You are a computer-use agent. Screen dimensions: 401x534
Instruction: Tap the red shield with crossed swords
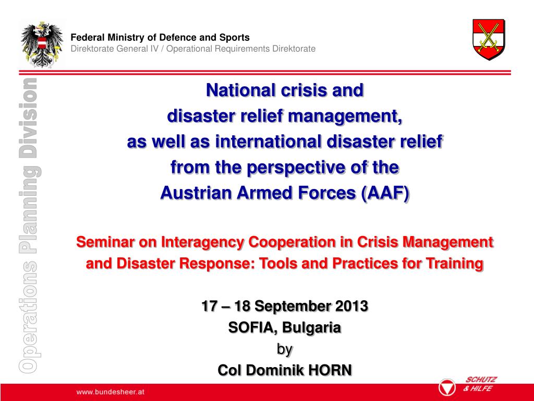pos(488,40)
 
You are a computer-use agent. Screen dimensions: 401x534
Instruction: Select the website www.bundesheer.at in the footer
pos(110,392)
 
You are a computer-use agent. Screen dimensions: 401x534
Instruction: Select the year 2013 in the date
pos(350,306)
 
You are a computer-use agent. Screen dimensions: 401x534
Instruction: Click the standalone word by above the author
pos(285,348)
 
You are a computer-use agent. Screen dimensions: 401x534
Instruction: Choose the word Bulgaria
pos(312,327)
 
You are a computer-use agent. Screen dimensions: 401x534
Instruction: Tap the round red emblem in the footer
pos(446,388)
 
